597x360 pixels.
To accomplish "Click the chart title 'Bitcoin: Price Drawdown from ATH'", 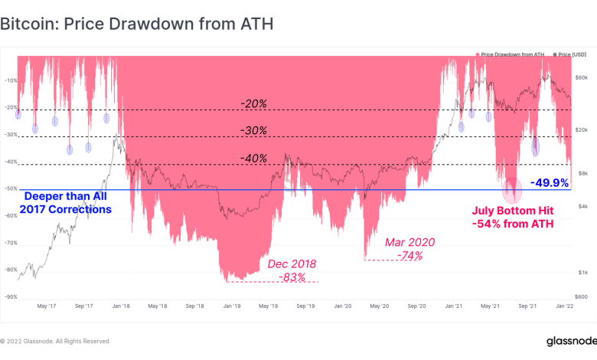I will [136, 25].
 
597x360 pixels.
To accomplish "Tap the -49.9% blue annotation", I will [550, 183].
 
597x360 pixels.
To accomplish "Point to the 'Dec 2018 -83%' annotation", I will [291, 270].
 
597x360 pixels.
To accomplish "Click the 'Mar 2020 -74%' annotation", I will [409, 249].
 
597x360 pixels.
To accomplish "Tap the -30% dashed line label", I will [253, 131].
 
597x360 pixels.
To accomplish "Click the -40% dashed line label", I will [253, 158].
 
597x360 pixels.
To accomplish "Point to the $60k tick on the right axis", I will [582, 78].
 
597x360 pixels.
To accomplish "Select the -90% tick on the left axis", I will [11, 296].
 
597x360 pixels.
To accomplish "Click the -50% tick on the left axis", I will [11, 188].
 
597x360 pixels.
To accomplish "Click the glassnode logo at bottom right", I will [567, 340].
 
